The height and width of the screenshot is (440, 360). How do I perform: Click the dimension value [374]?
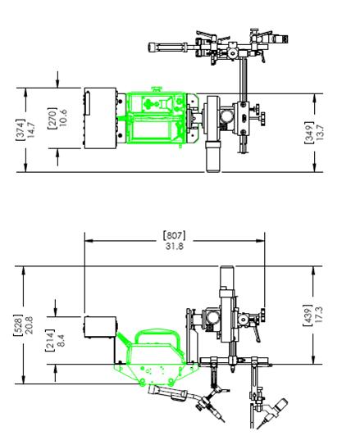[21, 129]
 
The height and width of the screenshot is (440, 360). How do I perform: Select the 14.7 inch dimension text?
[31, 129]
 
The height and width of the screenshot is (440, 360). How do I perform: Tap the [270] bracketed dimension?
[52, 118]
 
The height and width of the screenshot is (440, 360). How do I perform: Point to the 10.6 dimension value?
[63, 118]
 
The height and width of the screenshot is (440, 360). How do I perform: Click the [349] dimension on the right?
[309, 133]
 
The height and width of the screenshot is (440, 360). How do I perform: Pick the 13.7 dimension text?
[320, 133]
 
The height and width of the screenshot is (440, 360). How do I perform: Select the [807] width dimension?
[174, 235]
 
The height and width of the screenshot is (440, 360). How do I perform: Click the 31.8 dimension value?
[175, 246]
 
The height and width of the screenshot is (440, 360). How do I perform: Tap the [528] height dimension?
[18, 325]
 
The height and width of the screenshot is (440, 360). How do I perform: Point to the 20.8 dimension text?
[29, 325]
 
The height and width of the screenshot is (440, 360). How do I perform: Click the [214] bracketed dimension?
[49, 340]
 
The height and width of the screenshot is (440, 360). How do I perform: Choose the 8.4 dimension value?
[60, 340]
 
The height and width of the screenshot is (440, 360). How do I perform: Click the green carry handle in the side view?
[157, 331]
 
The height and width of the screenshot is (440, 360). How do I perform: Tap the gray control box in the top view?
[100, 118]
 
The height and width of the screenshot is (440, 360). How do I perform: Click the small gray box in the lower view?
[100, 327]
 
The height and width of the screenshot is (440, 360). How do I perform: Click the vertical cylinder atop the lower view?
[227, 277]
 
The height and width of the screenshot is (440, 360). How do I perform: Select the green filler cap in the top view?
[157, 89]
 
